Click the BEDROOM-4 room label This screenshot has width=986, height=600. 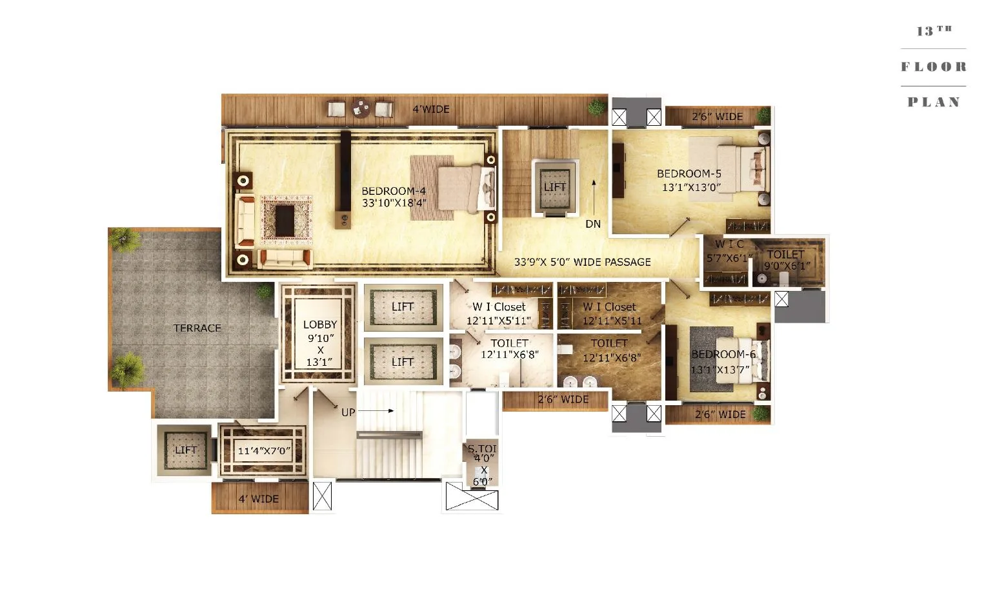point(394,191)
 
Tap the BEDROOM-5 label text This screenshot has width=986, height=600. point(689,174)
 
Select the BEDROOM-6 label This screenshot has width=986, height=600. point(723,354)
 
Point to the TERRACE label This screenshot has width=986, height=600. point(197,328)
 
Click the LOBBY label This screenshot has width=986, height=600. point(320,325)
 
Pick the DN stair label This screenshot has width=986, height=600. point(593,225)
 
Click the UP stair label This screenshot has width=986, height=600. point(348,412)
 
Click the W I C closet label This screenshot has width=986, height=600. point(729,245)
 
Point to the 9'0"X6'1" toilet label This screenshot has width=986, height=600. point(787,265)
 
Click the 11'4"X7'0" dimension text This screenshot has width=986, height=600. point(264,451)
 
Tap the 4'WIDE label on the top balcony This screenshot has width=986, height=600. point(431,109)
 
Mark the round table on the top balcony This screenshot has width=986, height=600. point(360,109)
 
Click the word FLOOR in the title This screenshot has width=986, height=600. point(933,66)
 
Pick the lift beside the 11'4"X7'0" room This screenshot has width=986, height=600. point(186,450)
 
